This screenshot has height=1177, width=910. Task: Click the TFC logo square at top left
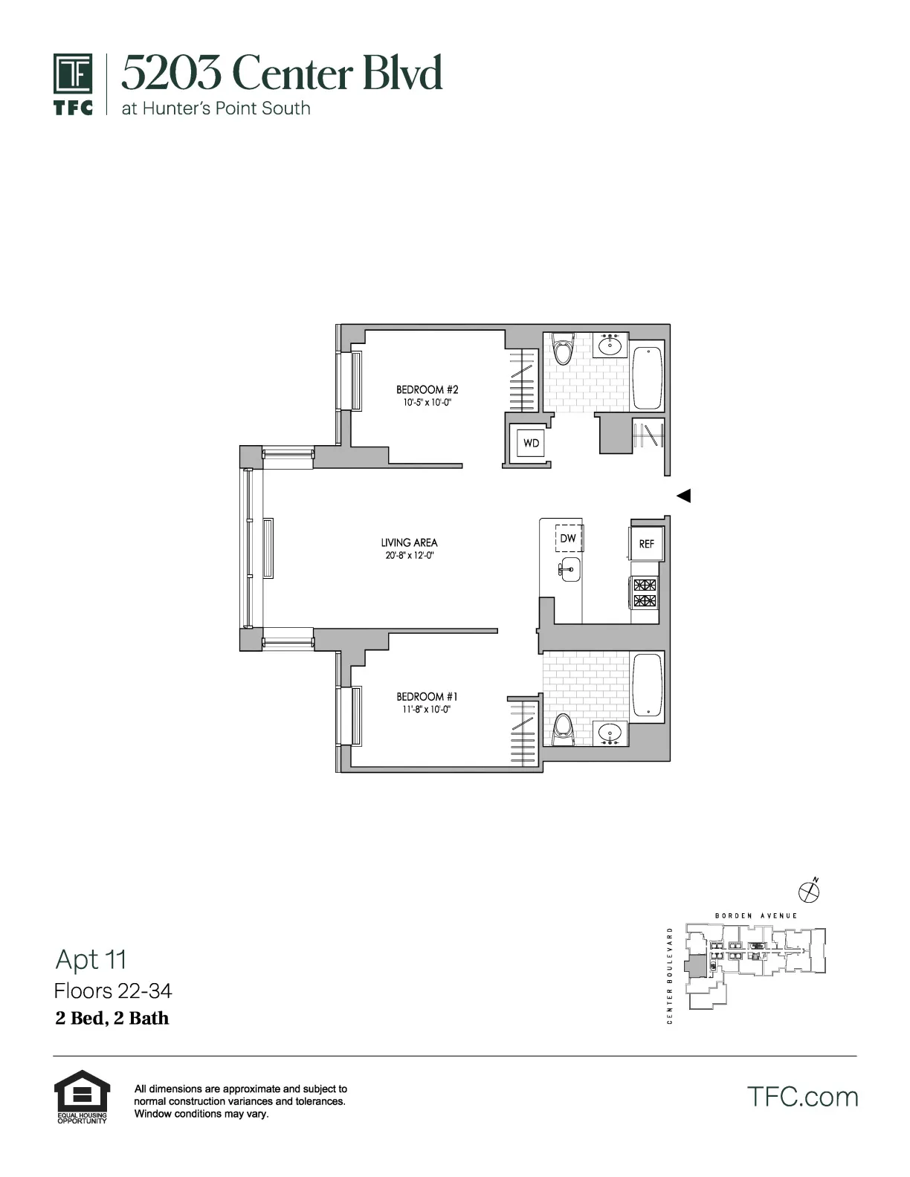(73, 74)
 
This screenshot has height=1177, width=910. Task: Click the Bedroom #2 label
(427, 389)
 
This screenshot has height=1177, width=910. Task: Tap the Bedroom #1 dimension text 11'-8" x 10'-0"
(427, 710)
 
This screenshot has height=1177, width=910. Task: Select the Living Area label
(409, 542)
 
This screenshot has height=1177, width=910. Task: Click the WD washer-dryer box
(531, 443)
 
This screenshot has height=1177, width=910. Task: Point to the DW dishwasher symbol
(569, 538)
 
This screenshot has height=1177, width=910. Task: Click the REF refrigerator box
(646, 544)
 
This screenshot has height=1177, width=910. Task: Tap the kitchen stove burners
(645, 592)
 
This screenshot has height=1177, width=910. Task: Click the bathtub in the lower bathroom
(648, 686)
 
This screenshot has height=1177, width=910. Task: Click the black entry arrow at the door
(683, 496)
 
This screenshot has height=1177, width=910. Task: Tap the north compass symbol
(808, 889)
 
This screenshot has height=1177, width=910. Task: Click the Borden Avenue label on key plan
(755, 916)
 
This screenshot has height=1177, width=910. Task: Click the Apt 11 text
(91, 960)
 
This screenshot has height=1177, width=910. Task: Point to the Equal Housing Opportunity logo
(82, 1096)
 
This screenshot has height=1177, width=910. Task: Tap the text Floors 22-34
(113, 991)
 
